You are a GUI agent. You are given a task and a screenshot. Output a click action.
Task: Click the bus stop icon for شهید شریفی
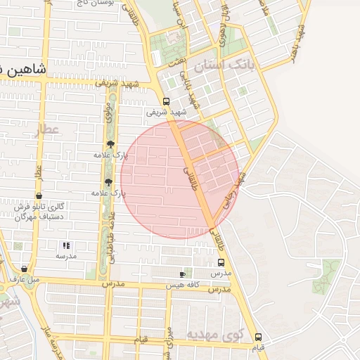[x=166, y=101]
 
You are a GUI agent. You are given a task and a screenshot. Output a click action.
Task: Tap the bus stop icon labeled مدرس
[x=221, y=262]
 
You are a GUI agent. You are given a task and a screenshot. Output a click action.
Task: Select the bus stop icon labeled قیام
[x=259, y=337]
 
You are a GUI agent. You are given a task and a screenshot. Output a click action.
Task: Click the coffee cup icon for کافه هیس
[x=183, y=274]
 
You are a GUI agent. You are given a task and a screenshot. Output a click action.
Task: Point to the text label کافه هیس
[x=184, y=285]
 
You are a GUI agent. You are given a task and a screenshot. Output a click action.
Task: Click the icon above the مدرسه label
[x=66, y=245]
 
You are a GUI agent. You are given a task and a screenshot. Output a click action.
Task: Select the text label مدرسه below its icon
[x=66, y=256]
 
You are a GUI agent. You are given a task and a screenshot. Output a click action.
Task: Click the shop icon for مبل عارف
[x=25, y=269]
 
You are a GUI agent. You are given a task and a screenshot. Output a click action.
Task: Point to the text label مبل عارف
[x=25, y=279]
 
